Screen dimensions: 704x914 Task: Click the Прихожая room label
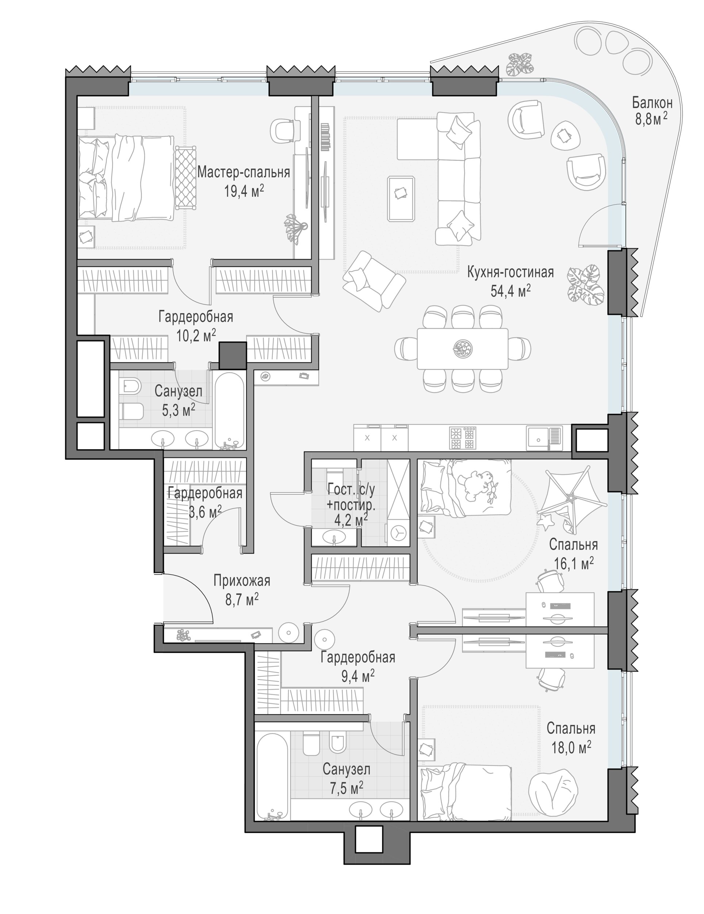pyautogui.click(x=242, y=581)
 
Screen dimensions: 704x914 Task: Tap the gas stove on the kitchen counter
pyautogui.click(x=462, y=438)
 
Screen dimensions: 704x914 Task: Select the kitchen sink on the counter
pyautogui.click(x=543, y=438)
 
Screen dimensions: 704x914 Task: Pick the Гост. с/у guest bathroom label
pyautogui.click(x=352, y=488)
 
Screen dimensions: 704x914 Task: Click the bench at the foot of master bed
pyautogui.click(x=185, y=177)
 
